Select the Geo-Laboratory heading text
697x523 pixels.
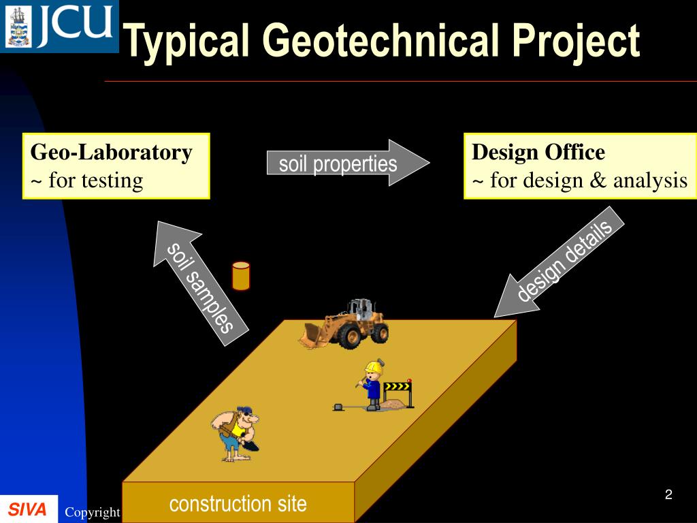point(111,152)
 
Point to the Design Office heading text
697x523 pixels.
point(538,152)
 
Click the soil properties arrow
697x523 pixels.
point(348,163)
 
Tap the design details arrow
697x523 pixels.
point(560,262)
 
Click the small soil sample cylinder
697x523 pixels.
point(241,276)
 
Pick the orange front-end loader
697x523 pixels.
point(344,323)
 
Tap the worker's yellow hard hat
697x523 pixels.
point(374,367)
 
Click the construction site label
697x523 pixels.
point(238,504)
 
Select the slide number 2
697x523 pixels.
point(668,494)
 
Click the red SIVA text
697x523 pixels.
point(27,509)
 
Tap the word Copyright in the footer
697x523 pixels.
point(93,512)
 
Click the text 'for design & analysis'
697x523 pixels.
point(589,180)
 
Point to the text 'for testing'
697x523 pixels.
point(95,180)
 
